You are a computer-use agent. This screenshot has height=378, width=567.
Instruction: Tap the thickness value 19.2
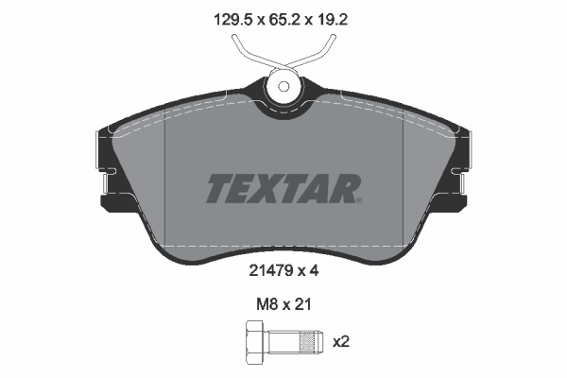[x=333, y=20]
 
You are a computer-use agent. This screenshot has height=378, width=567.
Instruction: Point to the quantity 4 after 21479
[x=314, y=270]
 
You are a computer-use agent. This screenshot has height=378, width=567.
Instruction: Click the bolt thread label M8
[x=266, y=304]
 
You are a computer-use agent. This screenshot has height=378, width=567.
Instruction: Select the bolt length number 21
[x=302, y=304]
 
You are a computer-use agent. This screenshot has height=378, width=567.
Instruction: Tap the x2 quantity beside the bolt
[x=340, y=341]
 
